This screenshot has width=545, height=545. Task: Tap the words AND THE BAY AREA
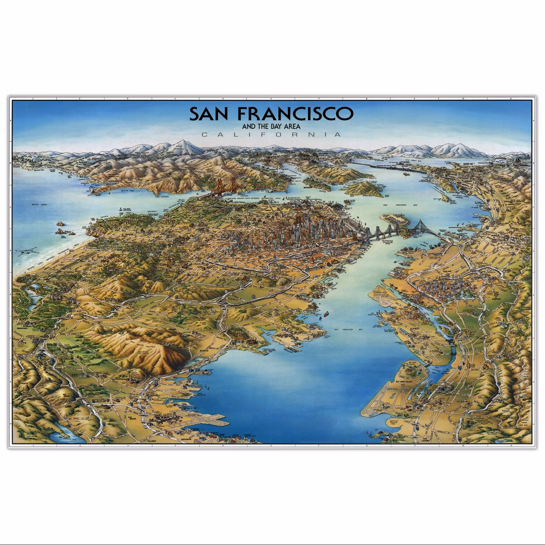click(x=271, y=126)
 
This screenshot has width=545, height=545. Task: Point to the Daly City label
click(x=63, y=326)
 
